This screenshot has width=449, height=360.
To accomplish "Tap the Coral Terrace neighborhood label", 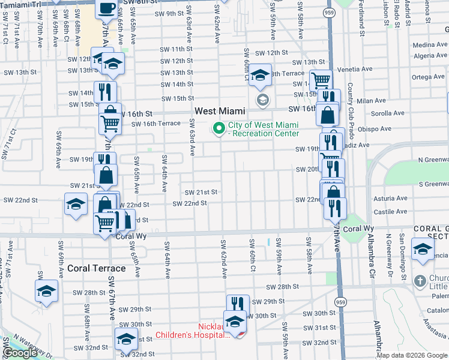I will [x=97, y=268].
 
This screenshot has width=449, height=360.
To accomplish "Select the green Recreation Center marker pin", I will [x=219, y=128].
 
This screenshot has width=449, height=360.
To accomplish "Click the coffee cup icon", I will [x=106, y=8].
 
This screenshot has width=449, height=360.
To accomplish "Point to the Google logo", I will [x=20, y=353].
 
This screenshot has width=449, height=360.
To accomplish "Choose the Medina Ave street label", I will [x=429, y=45].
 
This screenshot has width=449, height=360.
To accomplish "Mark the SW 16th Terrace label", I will [x=155, y=124].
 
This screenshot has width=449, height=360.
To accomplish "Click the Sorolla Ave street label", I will [x=388, y=113].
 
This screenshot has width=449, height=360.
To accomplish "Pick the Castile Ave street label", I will [x=390, y=212].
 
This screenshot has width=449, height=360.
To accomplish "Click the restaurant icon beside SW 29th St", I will [x=238, y=304].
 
